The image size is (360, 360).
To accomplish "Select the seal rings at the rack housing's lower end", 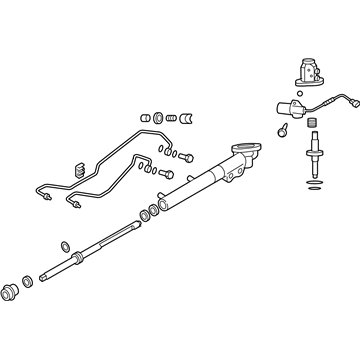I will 152,213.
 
